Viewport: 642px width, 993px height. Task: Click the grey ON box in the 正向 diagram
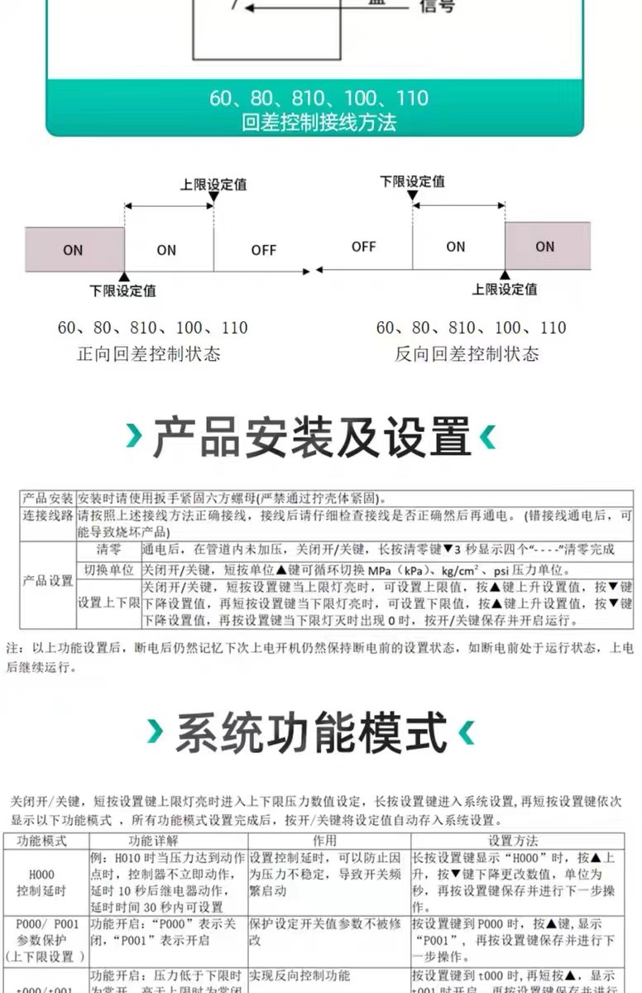(x=74, y=249)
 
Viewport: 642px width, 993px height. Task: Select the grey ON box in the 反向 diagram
(x=547, y=246)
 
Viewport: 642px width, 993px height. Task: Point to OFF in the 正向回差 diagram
(x=264, y=250)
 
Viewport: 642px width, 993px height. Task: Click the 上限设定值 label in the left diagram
(x=213, y=185)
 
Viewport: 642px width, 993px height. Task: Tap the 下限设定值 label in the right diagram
(x=412, y=181)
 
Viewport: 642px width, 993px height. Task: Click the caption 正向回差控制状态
(x=149, y=354)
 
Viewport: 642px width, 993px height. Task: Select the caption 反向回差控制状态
(x=467, y=354)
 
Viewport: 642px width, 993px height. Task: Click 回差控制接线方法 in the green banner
(x=319, y=123)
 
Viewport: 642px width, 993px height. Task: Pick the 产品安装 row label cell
(x=47, y=499)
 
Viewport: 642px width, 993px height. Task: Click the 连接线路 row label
(x=47, y=516)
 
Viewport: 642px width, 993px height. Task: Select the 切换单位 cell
(x=108, y=570)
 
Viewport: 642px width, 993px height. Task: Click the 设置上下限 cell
(x=108, y=603)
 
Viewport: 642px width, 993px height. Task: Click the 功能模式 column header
(x=46, y=840)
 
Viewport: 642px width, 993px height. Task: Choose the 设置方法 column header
(x=513, y=840)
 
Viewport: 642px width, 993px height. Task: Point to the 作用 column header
(x=328, y=840)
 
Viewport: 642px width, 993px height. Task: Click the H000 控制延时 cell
(x=46, y=882)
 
